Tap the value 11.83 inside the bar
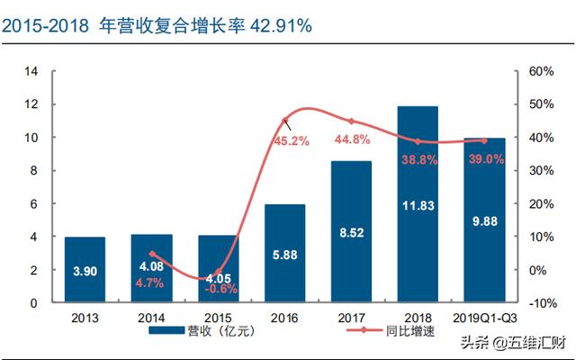point(417,206)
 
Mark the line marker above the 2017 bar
point(351,121)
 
